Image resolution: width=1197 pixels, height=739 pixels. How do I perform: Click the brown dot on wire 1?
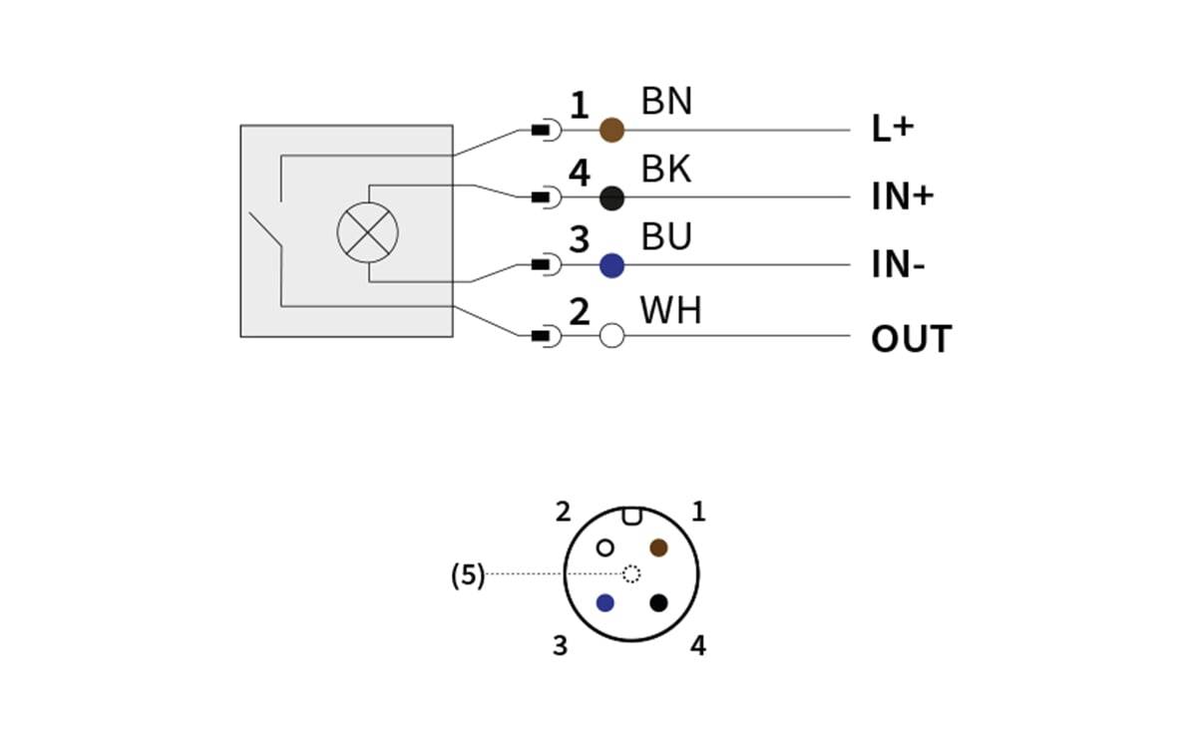click(x=611, y=130)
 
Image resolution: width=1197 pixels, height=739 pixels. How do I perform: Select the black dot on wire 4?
click(x=611, y=197)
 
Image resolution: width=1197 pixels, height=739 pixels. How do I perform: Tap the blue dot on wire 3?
click(x=611, y=265)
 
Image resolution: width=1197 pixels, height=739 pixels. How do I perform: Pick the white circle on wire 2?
click(x=611, y=336)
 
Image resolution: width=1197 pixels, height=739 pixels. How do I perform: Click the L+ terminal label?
click(x=892, y=130)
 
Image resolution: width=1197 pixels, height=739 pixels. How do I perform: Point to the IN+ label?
click(x=902, y=197)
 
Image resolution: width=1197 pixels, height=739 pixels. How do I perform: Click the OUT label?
click(x=911, y=339)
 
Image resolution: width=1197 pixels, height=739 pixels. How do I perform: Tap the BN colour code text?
click(x=666, y=102)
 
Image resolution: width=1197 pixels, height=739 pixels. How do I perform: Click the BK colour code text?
click(x=666, y=170)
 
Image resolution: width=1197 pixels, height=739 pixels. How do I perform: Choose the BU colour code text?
click(x=666, y=238)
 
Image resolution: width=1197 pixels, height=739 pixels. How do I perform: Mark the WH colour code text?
click(x=670, y=311)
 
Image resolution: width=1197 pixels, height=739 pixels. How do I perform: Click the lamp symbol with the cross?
click(x=367, y=232)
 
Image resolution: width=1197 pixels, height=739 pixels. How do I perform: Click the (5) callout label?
click(x=468, y=575)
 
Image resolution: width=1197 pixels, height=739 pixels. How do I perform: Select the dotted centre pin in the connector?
click(x=631, y=573)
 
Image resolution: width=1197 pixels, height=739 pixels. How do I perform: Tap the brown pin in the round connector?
click(x=658, y=548)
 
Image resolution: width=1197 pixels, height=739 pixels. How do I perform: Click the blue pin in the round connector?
click(x=605, y=602)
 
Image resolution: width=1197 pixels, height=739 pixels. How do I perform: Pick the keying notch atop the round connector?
click(x=631, y=516)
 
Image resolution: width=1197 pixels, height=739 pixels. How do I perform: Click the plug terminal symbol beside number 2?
click(x=545, y=336)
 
